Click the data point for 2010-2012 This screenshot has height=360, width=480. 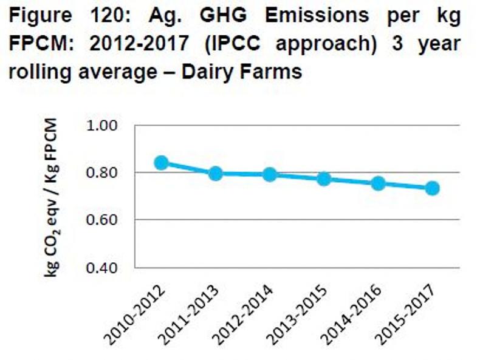coord(161,162)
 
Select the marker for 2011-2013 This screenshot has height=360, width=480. coord(215,174)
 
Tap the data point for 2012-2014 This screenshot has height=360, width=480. coord(269,175)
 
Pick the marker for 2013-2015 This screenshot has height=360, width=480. coord(324,178)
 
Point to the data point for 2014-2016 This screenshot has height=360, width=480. coord(378,183)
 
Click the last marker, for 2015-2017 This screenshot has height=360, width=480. coord(432,188)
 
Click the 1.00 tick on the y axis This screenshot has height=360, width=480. coord(108,126)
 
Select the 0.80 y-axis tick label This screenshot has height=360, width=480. coord(108,173)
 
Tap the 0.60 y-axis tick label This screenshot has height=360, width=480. coord(108,220)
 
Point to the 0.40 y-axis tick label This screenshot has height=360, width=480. coord(108,267)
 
